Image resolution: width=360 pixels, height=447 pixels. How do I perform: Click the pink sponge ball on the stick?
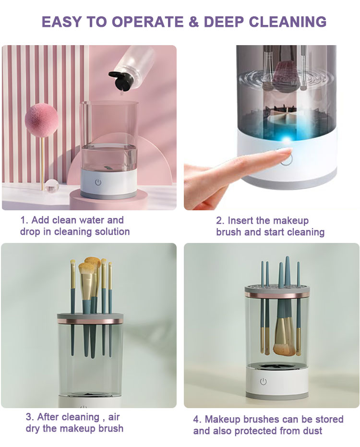tap(41, 118)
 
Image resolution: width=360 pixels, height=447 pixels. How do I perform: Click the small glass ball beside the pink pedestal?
tap(51, 185)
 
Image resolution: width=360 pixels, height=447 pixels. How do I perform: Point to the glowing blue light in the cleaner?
tap(288, 139)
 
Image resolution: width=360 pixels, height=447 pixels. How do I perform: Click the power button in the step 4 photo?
tap(263, 381)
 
